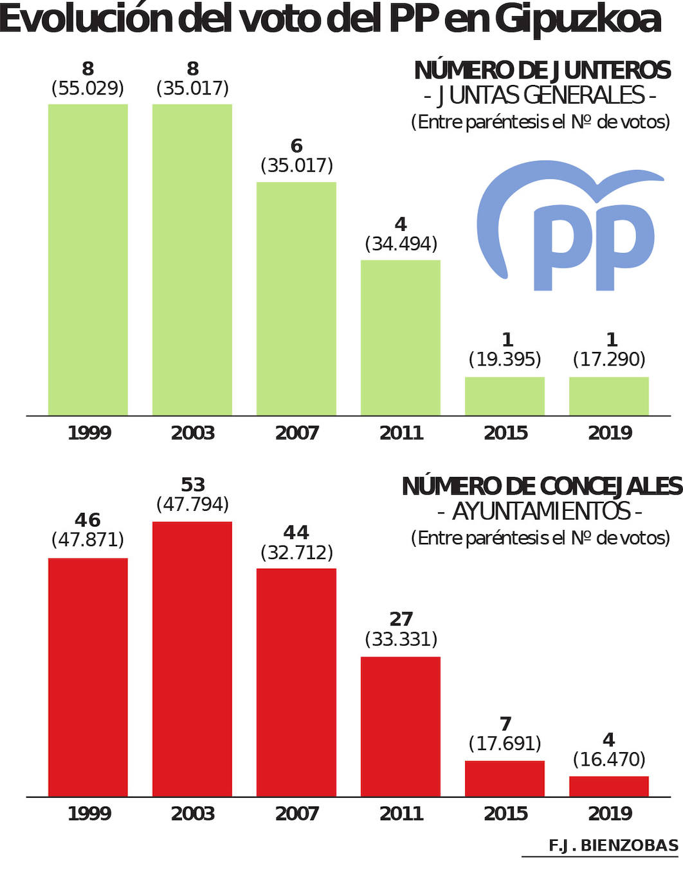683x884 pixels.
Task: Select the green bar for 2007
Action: tap(296, 299)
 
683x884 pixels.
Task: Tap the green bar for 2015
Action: tap(505, 396)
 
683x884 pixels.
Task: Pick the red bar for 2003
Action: tap(192, 659)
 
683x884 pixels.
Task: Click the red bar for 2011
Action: tap(401, 726)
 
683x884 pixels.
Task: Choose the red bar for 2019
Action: tap(609, 786)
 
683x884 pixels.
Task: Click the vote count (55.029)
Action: tap(88, 88)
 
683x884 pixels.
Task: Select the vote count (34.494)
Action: tap(401, 244)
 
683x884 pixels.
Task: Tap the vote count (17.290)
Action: tap(609, 359)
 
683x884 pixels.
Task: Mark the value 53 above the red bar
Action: tap(193, 484)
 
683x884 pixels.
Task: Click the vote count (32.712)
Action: tap(296, 553)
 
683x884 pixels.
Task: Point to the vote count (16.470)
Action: tap(609, 759)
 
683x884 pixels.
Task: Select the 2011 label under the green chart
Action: tap(401, 433)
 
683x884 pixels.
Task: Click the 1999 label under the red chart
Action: tap(89, 814)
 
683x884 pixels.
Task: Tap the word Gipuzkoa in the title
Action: tap(578, 19)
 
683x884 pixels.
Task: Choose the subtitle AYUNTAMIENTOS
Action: tap(541, 511)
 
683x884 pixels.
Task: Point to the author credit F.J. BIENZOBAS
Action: tap(614, 845)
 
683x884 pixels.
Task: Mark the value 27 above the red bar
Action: tap(401, 619)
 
